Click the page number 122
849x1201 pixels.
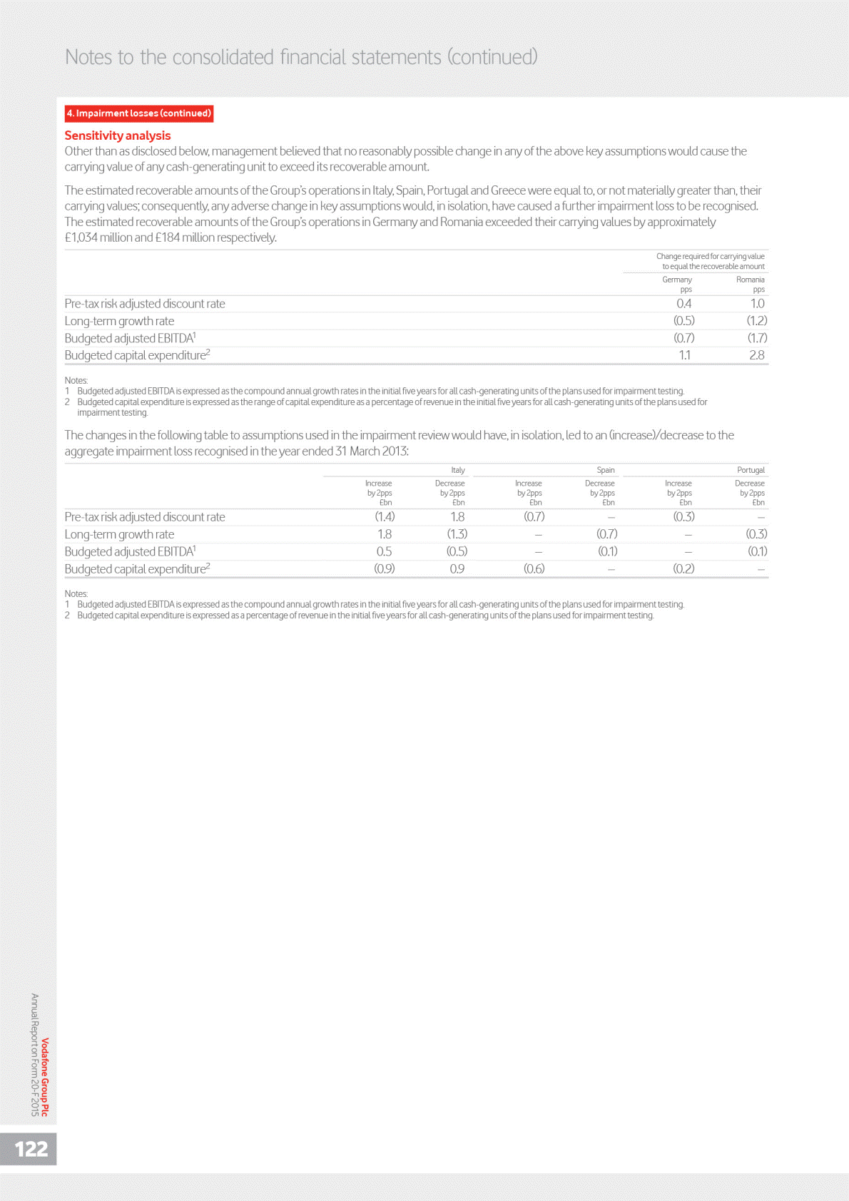31,1149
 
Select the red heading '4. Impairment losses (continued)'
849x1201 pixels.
139,113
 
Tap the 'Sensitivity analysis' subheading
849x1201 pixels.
118,136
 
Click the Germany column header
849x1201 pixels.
677,280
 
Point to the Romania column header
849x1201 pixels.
750,280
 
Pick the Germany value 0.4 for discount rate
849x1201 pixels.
683,304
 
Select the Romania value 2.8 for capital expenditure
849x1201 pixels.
756,355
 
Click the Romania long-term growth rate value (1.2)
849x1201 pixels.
756,321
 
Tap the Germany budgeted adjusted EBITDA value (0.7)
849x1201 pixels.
683,338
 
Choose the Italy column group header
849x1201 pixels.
458,470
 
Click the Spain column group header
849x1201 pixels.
605,470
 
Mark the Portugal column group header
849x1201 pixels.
751,470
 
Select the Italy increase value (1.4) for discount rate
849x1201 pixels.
385,517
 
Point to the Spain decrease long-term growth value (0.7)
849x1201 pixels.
607,534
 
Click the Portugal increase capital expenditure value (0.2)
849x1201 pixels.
683,569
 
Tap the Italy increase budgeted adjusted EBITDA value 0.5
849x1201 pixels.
384,551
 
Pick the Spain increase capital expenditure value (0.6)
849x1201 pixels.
534,569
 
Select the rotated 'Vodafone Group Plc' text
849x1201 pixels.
46,1077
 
